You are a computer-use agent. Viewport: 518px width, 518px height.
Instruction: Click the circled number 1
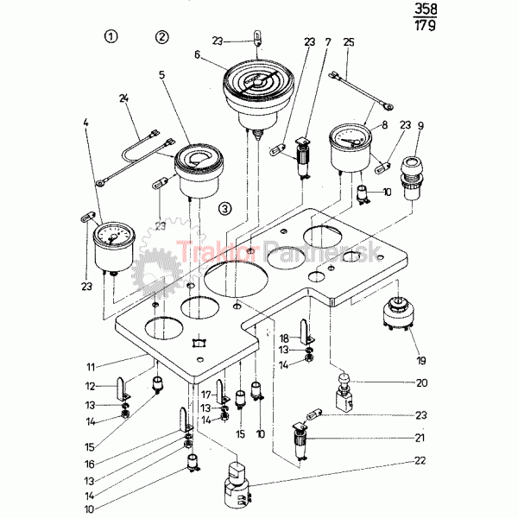(x=111, y=36)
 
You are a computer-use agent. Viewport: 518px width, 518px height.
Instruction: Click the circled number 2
(x=162, y=36)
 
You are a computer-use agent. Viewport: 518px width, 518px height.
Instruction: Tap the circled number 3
(x=225, y=208)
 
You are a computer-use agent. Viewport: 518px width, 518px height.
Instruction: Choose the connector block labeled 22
(x=237, y=482)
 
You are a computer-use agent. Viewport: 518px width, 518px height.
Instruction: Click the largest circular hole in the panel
(x=236, y=285)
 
